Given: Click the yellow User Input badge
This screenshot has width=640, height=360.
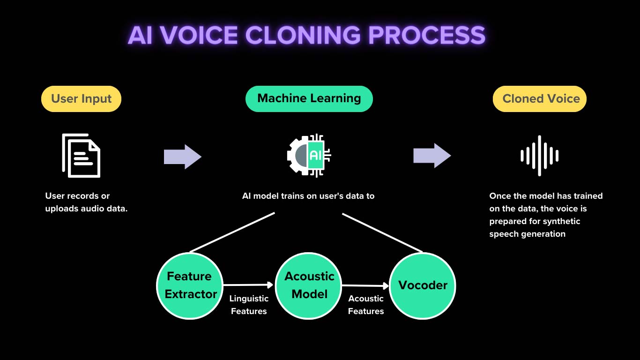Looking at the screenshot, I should tap(81, 99).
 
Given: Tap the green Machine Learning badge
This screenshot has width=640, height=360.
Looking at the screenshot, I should tap(309, 98).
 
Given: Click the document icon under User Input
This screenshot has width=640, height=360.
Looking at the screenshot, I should tap(82, 156).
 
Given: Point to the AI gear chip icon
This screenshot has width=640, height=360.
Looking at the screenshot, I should tap(309, 155).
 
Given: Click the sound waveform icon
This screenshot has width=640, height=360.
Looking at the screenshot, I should tap(539, 156).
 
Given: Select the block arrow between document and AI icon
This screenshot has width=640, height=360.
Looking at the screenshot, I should tap(182, 157).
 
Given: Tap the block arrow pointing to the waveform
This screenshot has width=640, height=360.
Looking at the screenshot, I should tap(432, 156).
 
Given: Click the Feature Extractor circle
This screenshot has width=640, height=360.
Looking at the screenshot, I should tap(190, 285).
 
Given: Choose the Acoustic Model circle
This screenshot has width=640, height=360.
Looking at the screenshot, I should tap(309, 285).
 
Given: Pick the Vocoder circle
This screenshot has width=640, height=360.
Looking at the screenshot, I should tap(423, 285).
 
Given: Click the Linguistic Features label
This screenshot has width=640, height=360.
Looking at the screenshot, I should tap(249, 305).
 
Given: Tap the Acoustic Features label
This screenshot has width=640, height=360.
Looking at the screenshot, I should tap(366, 305).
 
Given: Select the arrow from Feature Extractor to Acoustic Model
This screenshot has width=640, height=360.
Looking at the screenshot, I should tap(248, 285).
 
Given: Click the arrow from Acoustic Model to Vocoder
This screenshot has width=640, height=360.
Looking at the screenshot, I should tap(365, 285).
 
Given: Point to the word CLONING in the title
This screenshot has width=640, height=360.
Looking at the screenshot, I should tap(303, 36).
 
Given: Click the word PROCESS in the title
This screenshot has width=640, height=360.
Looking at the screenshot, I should tap(426, 36).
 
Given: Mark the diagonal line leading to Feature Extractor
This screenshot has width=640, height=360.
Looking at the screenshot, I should tap(232, 232).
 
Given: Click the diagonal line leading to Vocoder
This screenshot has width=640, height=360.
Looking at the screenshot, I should tap(382, 232).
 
